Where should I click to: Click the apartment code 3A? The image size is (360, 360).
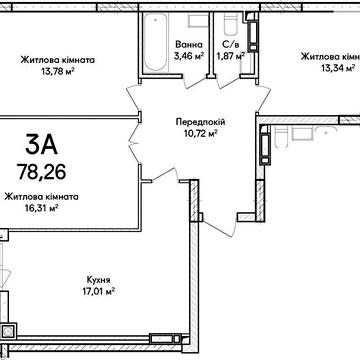[42, 146]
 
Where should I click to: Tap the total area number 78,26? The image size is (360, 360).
[42, 171]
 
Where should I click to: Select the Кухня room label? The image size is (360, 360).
[98, 280]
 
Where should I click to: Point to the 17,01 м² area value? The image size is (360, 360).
[98, 292]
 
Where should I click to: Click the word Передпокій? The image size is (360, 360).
[200, 122]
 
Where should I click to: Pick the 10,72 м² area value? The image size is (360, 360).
[200, 134]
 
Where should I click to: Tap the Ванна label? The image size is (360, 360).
[189, 44]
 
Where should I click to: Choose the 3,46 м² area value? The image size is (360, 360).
[189, 55]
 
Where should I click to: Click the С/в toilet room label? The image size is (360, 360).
[230, 44]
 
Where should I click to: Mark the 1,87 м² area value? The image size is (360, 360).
[230, 56]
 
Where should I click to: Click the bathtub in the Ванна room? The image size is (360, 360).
[155, 42]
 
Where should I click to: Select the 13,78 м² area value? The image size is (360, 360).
[57, 71]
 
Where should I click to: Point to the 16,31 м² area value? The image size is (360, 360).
[42, 208]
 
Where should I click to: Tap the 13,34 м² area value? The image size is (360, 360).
[338, 68]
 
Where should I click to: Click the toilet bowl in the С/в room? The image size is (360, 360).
[230, 24]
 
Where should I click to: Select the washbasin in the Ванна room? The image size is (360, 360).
[199, 20]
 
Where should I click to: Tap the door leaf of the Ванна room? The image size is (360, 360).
[196, 83]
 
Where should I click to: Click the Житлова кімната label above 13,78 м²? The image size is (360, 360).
[58, 60]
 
